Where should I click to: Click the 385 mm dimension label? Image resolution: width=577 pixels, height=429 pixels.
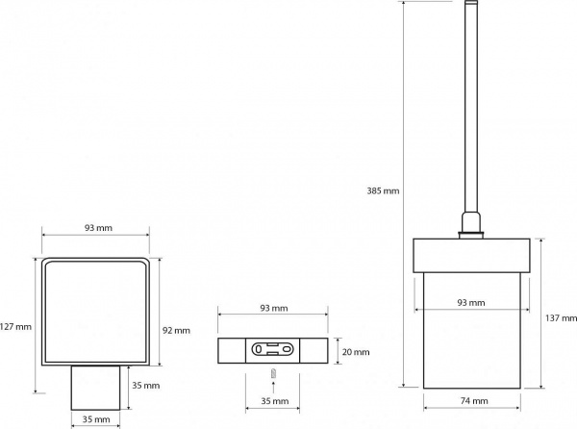click(x=383, y=191)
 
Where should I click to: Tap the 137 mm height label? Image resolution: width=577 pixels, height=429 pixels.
click(x=561, y=317)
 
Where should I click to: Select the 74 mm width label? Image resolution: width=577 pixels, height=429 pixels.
click(x=474, y=401)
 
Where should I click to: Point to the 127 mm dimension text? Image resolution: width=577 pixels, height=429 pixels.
click(x=15, y=327)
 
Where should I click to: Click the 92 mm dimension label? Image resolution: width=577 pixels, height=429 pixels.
click(x=176, y=330)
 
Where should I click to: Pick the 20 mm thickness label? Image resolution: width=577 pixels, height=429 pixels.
click(x=356, y=352)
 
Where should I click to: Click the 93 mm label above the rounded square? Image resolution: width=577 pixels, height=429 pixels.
click(x=98, y=228)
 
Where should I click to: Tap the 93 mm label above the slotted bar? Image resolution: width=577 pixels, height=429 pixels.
click(x=274, y=308)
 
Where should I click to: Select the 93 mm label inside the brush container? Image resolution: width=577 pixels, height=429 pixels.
click(x=471, y=302)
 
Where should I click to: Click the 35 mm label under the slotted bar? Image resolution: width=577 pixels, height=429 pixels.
click(x=275, y=401)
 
